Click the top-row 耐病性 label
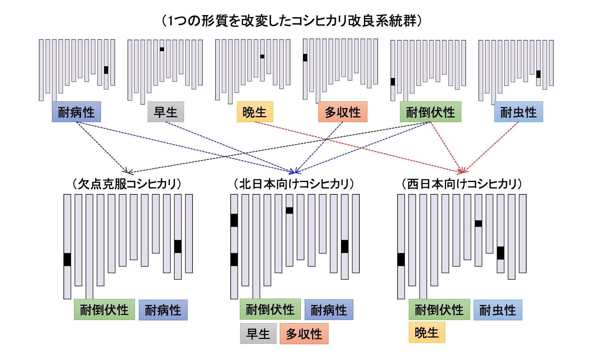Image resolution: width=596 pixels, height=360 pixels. (76, 112)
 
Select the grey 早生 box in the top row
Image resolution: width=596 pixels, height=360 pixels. (165, 112)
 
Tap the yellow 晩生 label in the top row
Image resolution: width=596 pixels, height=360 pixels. (255, 112)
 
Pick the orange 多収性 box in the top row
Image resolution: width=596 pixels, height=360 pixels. (343, 112)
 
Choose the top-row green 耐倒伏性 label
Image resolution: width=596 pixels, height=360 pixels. (430, 112)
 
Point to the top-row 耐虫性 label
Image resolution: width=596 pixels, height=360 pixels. (518, 112)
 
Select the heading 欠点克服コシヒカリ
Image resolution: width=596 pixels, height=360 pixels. (127, 184)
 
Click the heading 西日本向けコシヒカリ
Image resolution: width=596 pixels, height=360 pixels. (462, 184)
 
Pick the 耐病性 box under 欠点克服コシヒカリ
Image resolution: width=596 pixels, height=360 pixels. (163, 310)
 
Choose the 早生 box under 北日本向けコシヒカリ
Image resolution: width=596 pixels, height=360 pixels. (258, 334)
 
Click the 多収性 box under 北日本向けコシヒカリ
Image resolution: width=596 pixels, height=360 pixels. (304, 334)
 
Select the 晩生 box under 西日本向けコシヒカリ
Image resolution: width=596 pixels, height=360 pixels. (427, 333)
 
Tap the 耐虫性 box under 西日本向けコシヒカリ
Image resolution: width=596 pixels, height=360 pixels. (497, 310)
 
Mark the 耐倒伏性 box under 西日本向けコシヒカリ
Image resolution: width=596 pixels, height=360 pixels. (439, 310)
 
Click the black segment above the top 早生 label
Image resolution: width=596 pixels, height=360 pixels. (162, 49)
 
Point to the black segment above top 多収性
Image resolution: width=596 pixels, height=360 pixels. (305, 58)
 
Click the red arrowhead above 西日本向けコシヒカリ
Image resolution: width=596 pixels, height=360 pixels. (462, 171)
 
